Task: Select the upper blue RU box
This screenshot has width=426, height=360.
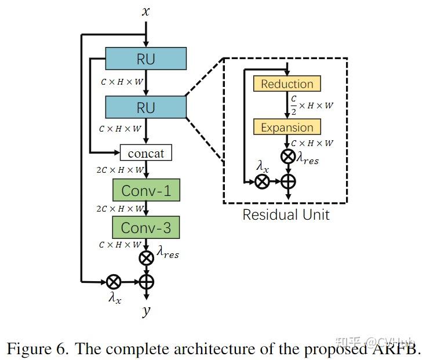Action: click(x=145, y=59)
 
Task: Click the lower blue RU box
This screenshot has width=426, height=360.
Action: click(x=145, y=108)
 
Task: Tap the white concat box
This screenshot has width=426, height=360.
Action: click(x=145, y=153)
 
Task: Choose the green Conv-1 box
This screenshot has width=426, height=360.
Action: click(x=145, y=190)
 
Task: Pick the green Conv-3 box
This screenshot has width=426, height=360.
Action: click(x=145, y=228)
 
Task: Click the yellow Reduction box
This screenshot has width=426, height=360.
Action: click(x=286, y=84)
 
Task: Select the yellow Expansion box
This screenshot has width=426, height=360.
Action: click(x=286, y=128)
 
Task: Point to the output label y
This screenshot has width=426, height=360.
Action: click(x=145, y=311)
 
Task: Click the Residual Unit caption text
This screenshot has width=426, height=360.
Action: click(x=286, y=215)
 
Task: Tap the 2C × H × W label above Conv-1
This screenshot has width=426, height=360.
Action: click(x=121, y=170)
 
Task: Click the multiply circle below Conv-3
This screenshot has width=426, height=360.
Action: click(x=146, y=257)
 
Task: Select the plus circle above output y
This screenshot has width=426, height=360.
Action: click(x=146, y=282)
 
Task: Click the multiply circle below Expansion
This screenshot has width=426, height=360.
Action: click(x=287, y=157)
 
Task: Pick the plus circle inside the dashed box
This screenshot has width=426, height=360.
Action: click(x=287, y=181)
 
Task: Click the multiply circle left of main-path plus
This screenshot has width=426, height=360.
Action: click(x=113, y=282)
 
